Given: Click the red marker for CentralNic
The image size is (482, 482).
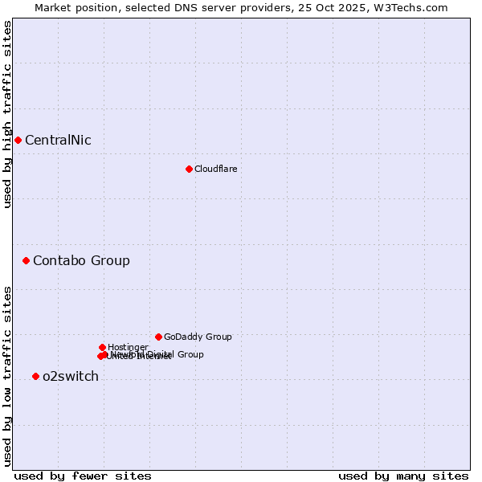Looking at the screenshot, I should (18, 140).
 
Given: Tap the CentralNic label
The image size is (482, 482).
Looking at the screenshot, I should (58, 141).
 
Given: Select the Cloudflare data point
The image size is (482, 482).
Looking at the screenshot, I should (189, 169).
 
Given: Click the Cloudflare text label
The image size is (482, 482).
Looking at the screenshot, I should (215, 170).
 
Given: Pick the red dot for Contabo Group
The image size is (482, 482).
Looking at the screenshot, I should (26, 260).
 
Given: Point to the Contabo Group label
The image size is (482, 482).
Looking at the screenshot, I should (81, 261).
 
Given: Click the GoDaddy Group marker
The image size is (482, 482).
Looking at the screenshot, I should (158, 337).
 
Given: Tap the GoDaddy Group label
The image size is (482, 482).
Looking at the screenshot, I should (198, 337).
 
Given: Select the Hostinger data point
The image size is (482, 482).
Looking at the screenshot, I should (102, 347).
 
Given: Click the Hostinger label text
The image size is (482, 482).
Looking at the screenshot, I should (128, 348).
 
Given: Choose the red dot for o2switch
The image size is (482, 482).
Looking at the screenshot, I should (35, 376).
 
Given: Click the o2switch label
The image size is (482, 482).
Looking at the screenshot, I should (71, 377).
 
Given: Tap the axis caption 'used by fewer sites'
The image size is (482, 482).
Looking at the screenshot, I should (83, 476).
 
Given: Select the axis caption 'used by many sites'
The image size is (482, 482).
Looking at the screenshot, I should (403, 476).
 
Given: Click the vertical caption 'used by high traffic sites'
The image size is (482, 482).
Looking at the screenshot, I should (7, 114).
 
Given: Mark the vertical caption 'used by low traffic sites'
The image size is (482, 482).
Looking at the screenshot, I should (7, 376).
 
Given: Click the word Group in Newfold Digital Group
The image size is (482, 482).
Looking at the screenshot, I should (189, 354).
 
